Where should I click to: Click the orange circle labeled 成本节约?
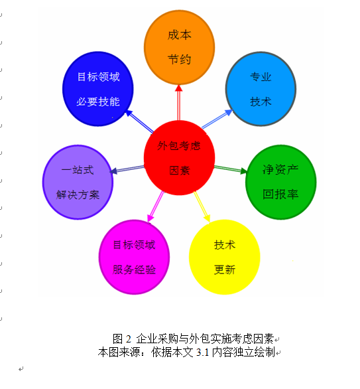(x=180, y=47)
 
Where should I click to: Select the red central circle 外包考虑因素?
(x=180, y=158)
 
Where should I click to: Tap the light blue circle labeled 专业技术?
(x=261, y=89)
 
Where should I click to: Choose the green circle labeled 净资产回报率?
(x=280, y=182)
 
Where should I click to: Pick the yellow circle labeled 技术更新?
(x=225, y=257)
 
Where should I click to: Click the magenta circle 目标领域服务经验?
(x=135, y=257)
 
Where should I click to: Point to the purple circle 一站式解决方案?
(x=78, y=182)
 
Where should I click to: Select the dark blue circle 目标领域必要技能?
(x=98, y=89)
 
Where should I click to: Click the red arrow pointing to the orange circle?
(x=178, y=103)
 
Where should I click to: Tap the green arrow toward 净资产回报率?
(x=231, y=169)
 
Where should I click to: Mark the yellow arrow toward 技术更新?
(x=202, y=206)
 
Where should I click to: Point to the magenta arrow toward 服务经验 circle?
(x=156, y=206)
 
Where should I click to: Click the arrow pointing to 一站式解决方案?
(x=127, y=169)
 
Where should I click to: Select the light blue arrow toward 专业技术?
(x=217, y=119)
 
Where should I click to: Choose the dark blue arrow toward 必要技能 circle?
(x=139, y=121)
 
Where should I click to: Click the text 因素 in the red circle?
(x=180, y=171)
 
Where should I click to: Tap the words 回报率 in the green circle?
(x=280, y=194)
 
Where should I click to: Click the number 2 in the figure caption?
(x=128, y=339)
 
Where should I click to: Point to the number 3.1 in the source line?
(x=202, y=352)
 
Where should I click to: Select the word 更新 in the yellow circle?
(x=225, y=270)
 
